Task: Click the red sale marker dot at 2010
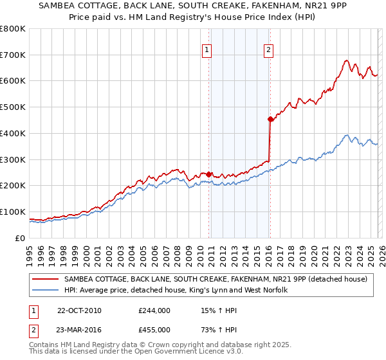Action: pyautogui.click(x=208, y=174)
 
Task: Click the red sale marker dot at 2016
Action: pyautogui.click(x=270, y=119)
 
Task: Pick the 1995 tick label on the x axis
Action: pyautogui.click(x=30, y=250)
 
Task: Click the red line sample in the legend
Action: pyautogui.click(x=44, y=280)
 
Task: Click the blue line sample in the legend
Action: pyautogui.click(x=44, y=291)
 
